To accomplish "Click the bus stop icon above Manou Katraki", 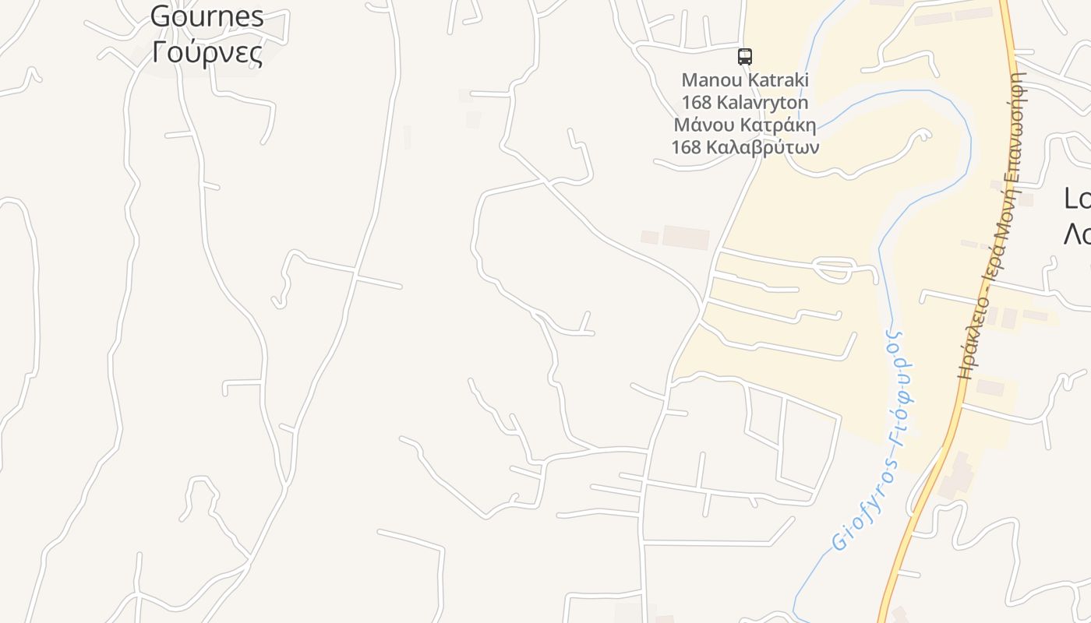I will point(745,56).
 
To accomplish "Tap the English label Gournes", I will point(207,16).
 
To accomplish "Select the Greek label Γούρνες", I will point(207,52).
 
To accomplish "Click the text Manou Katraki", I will point(745,79).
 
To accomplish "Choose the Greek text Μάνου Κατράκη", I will point(745,125).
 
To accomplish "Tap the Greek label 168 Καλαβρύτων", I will point(745,146).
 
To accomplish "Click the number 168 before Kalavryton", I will point(696,102).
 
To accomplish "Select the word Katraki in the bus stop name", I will point(779,79).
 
